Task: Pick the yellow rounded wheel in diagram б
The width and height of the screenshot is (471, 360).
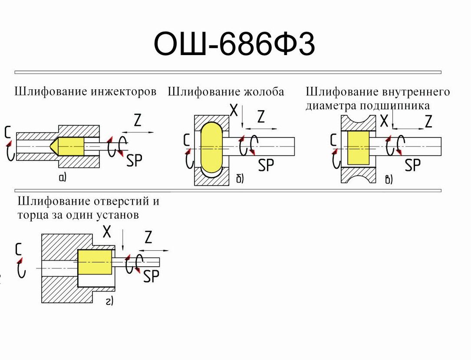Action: tap(211, 147)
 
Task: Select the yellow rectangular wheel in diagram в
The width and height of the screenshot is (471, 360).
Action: tap(358, 147)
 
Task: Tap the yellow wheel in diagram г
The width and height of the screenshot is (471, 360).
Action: tap(95, 262)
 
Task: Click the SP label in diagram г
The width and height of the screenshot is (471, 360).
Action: tap(151, 276)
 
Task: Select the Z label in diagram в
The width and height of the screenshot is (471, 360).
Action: tap(428, 122)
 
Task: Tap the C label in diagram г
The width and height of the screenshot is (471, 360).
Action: tap(19, 249)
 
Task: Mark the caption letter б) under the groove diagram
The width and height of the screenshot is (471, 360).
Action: tap(240, 178)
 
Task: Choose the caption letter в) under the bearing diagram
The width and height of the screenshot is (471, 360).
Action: tap(389, 179)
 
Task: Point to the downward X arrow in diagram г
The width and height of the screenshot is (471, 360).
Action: tap(123, 241)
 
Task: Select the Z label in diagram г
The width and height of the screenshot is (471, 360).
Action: tap(148, 238)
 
